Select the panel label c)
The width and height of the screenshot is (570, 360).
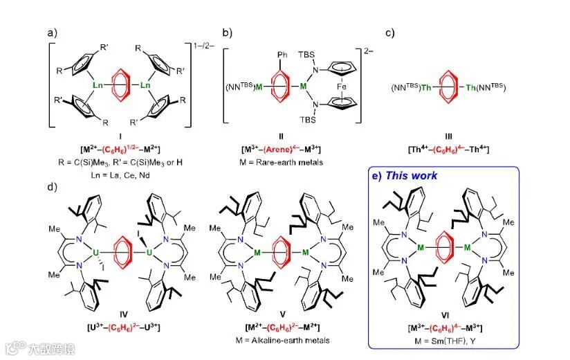(x=389, y=32)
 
